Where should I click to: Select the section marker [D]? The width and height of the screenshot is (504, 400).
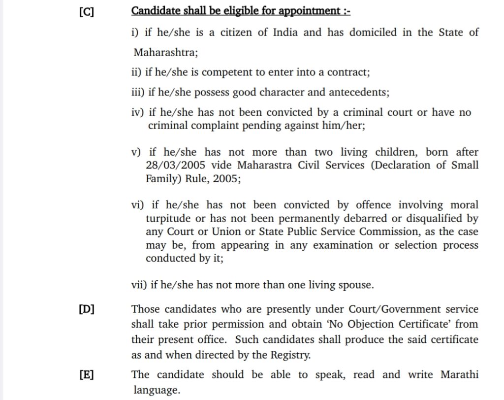pos(86,309)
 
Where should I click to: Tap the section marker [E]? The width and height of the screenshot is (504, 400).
pos(86,375)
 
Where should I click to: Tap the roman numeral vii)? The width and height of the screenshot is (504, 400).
pos(139,285)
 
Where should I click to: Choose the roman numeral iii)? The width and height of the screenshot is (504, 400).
pos(139,93)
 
